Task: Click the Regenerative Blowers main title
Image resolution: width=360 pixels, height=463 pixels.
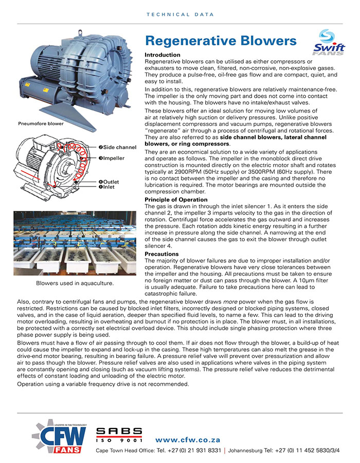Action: [x=221, y=41]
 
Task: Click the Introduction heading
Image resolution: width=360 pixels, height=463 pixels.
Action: [x=163, y=55]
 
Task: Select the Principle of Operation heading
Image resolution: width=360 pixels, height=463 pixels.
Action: [x=176, y=200]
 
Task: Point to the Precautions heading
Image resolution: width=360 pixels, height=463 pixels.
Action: [x=161, y=254]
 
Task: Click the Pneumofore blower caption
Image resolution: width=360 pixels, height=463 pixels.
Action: [x=41, y=124]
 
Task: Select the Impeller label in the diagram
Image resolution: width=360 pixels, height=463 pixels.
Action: [x=114, y=158]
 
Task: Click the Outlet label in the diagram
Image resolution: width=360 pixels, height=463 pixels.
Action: [x=111, y=182]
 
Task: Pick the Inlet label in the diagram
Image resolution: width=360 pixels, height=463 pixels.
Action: [x=110, y=187]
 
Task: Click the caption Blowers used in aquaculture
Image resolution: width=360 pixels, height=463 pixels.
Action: [x=75, y=283]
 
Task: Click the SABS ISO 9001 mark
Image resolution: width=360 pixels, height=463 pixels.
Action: [x=119, y=435]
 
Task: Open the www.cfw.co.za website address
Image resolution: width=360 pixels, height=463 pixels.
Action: [x=188, y=440]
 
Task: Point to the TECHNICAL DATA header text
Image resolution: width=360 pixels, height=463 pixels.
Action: [x=180, y=15]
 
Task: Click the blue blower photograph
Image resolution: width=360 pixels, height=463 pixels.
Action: [x=72, y=72]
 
